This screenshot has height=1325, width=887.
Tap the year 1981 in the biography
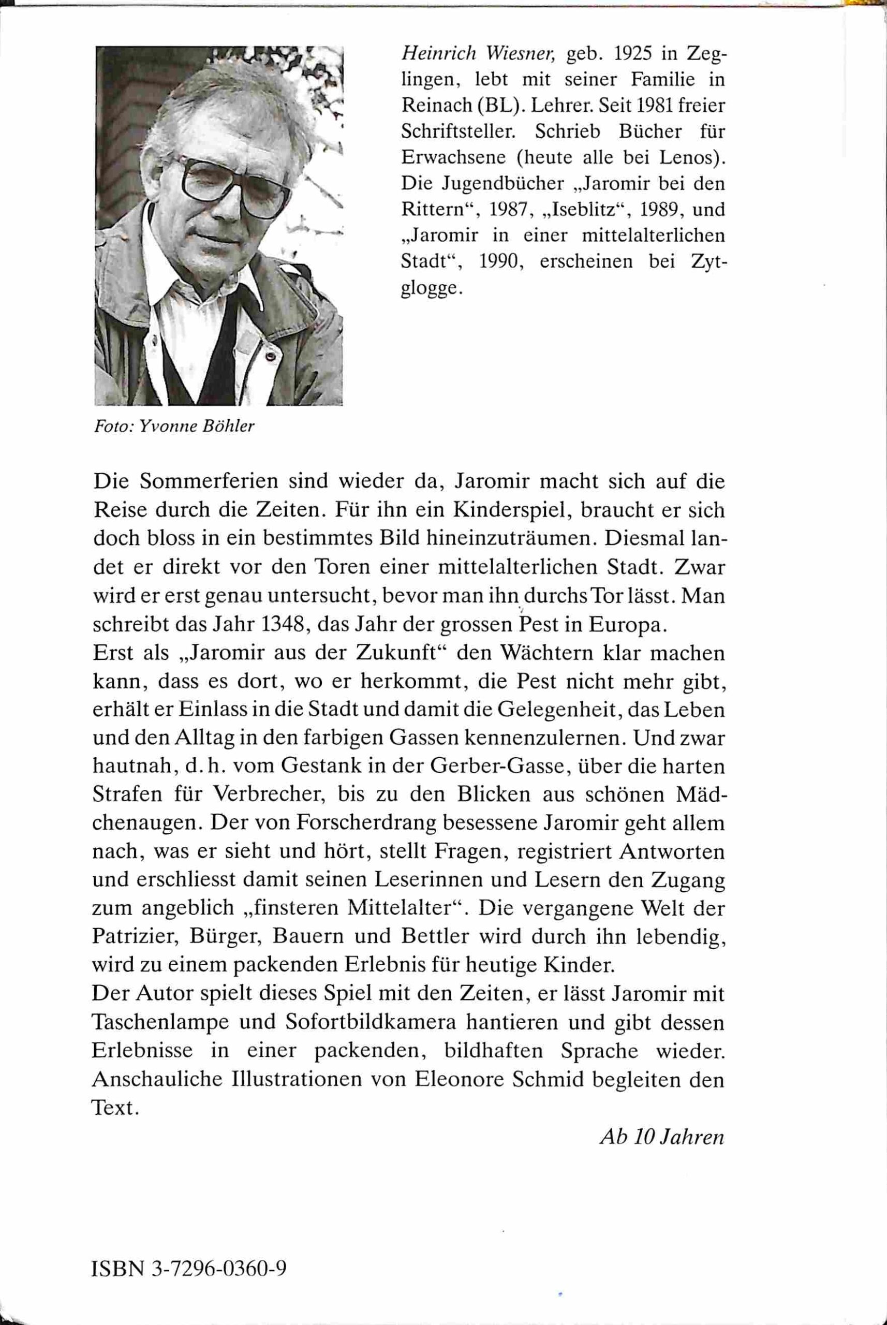(646, 106)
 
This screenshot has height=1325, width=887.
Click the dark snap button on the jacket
(271, 357)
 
